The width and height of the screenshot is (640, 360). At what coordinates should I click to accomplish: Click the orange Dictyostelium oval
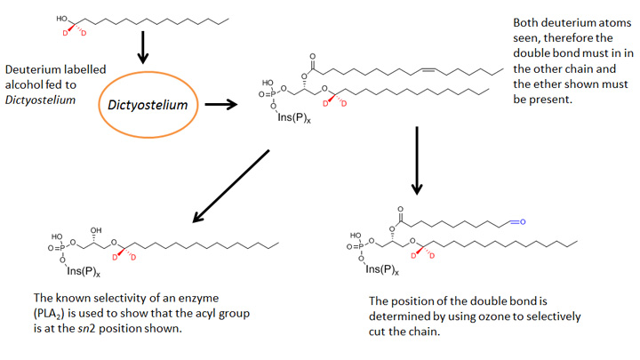[148, 104]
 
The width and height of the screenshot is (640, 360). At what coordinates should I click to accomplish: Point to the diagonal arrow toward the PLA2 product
[230, 186]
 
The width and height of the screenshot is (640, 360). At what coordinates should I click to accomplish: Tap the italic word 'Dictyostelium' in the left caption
[38, 100]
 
